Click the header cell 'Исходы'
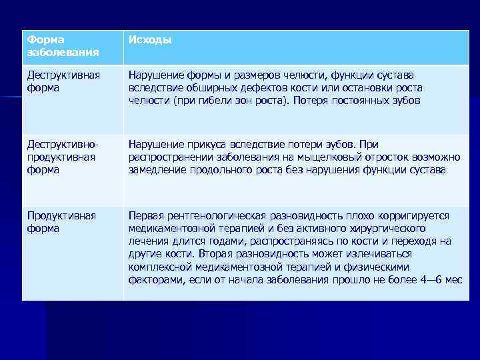point(150,40)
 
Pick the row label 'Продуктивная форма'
point(61,222)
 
